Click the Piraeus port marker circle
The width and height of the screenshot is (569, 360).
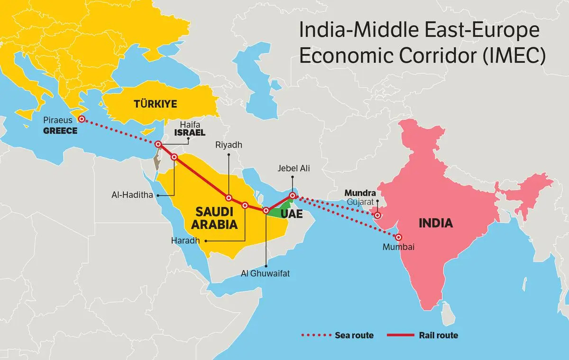[x=82, y=119]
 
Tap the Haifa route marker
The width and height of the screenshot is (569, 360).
[x=159, y=145]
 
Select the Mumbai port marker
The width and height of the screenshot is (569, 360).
[x=399, y=237]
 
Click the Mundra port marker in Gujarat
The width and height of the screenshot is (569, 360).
[x=377, y=215]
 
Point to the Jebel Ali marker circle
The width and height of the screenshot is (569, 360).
[x=293, y=195]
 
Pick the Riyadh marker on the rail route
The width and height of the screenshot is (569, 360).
[x=229, y=198]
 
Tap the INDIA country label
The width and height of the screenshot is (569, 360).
[x=435, y=223]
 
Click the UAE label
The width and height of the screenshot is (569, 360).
[x=291, y=214]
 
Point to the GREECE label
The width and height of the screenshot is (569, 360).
[x=60, y=130]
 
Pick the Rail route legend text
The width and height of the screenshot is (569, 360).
[x=439, y=335]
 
